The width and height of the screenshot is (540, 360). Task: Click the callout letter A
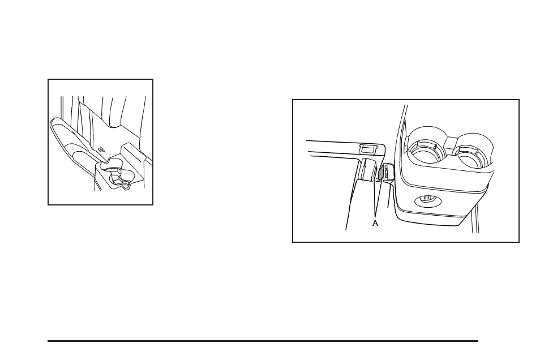[375, 224]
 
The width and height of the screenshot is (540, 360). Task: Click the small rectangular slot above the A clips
[367, 149]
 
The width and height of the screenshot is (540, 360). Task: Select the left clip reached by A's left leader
[367, 170]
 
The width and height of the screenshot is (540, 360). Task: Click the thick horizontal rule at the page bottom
[263, 341]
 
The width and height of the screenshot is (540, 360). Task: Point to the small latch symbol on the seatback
[102, 149]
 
